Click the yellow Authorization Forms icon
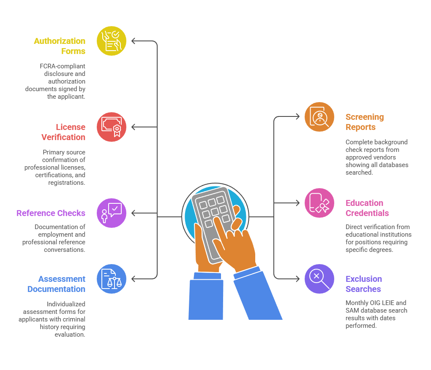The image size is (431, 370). point(112,41)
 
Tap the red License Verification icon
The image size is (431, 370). point(112,127)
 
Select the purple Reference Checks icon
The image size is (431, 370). point(112,213)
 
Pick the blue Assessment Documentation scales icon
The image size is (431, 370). point(112,279)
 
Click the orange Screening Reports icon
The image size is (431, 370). point(319,117)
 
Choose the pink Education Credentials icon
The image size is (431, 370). point(319,203)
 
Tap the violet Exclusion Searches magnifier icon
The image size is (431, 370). point(319,279)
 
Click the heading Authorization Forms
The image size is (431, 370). point(60,46)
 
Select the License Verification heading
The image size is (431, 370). point(63,132)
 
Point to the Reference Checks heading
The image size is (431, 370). point(51,213)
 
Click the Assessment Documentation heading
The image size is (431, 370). point(56,284)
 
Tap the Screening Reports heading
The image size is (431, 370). point(364,122)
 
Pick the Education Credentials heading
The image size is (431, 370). point(367,208)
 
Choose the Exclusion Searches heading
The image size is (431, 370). point(363,284)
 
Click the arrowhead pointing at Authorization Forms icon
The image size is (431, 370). point(134,41)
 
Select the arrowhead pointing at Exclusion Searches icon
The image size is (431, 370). point(297,279)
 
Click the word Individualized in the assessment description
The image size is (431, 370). point(66,304)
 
